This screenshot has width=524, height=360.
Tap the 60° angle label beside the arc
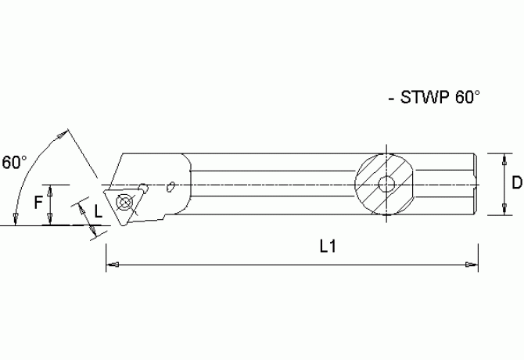tap(14, 162)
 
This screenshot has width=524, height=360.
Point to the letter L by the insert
tap(99, 211)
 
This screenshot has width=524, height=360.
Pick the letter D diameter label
tap(516, 183)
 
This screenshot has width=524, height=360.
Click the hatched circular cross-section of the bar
tap(385, 185)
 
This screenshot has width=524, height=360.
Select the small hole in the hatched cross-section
tap(385, 185)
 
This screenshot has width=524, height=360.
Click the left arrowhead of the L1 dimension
tap(112, 265)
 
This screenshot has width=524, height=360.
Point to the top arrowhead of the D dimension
tap(500, 157)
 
